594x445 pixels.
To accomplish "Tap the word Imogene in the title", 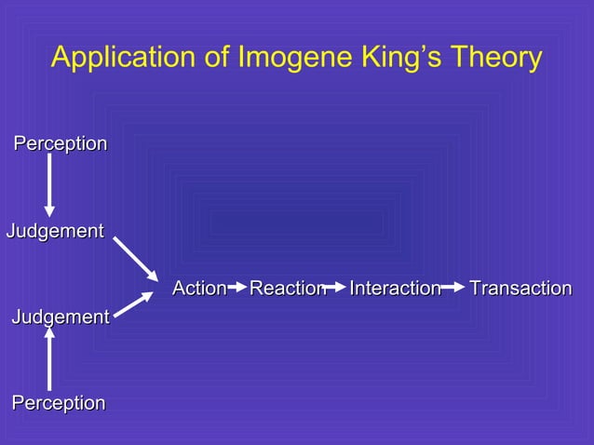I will [x=285, y=59].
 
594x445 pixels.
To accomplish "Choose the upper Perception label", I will [x=60, y=144].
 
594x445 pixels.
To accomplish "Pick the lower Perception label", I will [x=59, y=403].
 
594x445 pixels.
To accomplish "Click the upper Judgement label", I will [x=55, y=231].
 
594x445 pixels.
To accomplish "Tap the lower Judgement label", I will [x=61, y=317].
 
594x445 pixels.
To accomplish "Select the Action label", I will [x=199, y=289].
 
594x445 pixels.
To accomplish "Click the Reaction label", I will [x=287, y=289].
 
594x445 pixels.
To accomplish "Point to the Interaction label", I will [x=395, y=289].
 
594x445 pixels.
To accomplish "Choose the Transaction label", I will [x=520, y=289].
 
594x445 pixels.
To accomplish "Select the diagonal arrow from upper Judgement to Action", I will [x=136, y=258].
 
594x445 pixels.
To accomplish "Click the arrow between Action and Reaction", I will [x=236, y=289].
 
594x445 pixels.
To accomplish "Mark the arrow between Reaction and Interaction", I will [x=335, y=289].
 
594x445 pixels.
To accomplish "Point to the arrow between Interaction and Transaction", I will [x=453, y=289].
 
